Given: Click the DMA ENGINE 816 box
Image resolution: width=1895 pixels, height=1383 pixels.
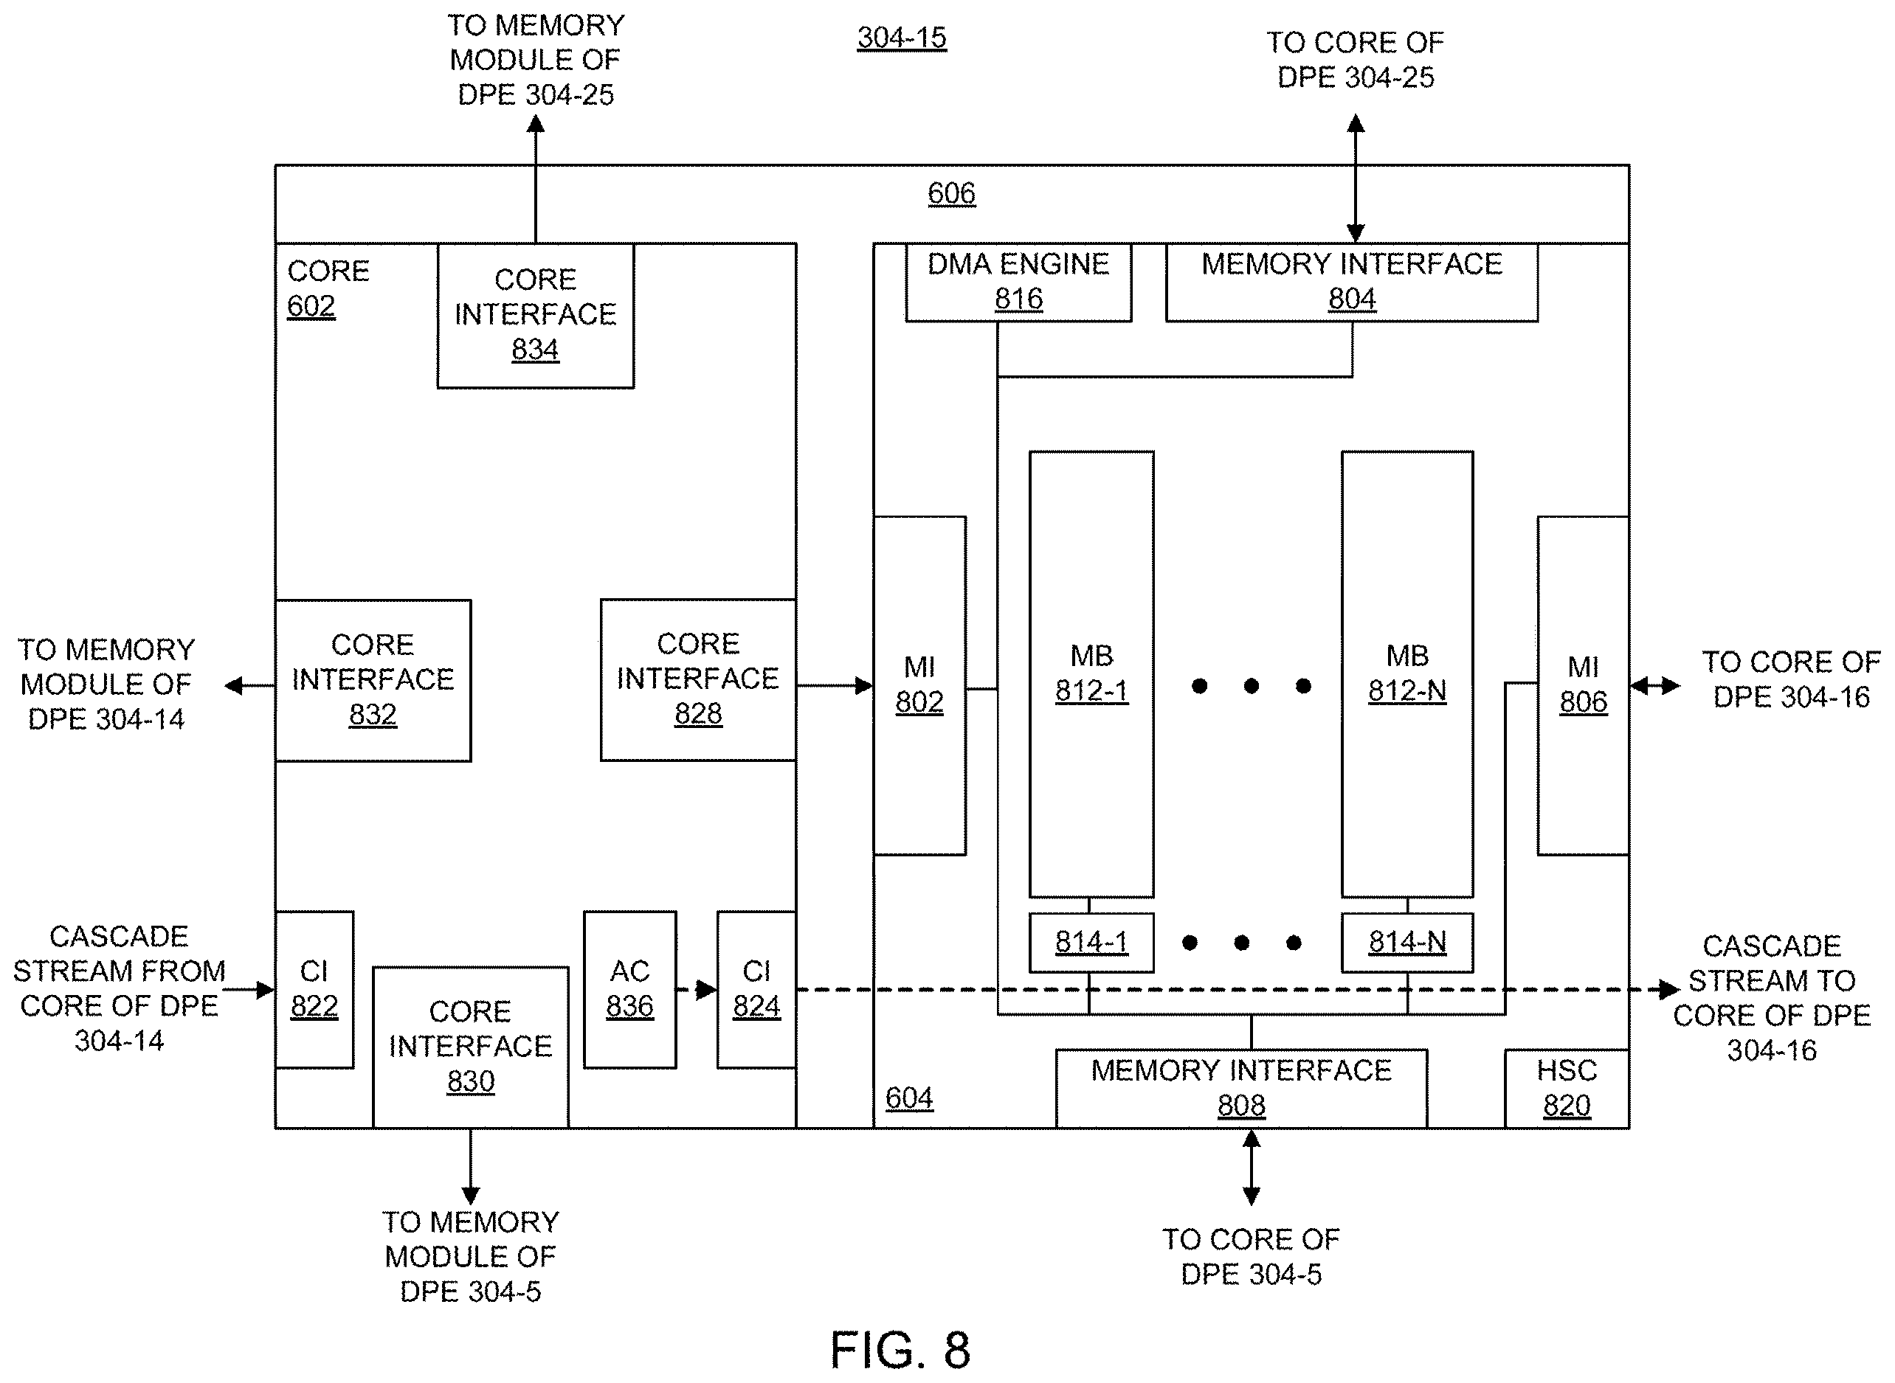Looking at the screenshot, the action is (x=1018, y=282).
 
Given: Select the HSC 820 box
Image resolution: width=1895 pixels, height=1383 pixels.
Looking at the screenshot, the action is (x=1567, y=1088).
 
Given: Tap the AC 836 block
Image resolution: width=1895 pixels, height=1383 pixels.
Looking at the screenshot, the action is (x=629, y=990).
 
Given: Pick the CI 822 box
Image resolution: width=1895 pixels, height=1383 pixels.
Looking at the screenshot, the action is (x=314, y=990).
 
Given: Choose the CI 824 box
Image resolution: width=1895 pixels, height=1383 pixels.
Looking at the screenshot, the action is (x=756, y=990).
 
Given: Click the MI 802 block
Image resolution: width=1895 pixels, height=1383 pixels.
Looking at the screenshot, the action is (x=919, y=686).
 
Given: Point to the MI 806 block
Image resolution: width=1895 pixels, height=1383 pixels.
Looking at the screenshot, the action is (x=1583, y=686).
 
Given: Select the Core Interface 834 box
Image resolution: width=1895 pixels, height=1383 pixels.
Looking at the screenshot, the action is (x=535, y=315).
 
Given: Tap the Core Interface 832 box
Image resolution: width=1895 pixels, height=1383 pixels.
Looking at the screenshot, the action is (x=373, y=681).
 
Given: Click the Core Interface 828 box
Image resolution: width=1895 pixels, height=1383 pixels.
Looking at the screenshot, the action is (x=697, y=680).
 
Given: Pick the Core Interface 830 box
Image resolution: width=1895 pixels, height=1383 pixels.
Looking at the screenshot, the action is (x=471, y=1047).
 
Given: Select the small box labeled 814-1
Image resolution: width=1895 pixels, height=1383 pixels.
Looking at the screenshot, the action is (x=1091, y=943).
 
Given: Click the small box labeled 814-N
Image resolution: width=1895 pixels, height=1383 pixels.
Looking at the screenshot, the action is (x=1406, y=943).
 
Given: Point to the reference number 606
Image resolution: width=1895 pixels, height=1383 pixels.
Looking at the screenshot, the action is (x=951, y=193).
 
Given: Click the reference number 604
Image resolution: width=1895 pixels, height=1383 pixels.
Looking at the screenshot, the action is (x=909, y=1098).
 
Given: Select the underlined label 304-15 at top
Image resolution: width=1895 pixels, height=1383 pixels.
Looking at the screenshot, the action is (x=902, y=38).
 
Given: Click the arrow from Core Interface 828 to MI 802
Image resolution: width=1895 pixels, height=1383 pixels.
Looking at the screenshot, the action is (x=835, y=686).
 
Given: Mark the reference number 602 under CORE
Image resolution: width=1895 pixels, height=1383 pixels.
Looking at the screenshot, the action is (x=311, y=306).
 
